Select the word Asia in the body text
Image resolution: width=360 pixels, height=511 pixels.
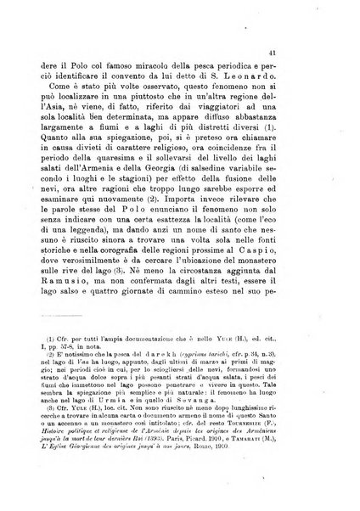click(64, 121)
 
